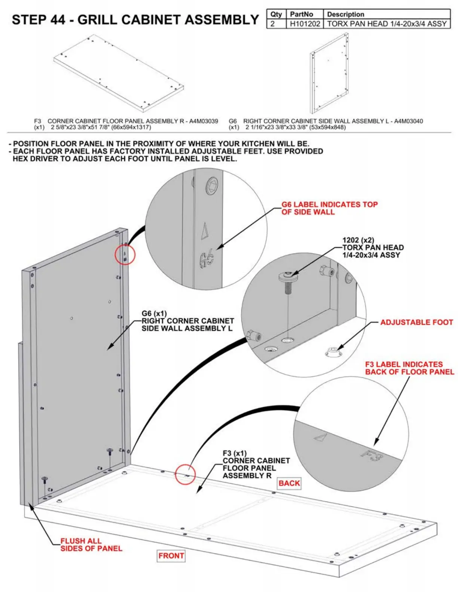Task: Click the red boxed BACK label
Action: [x=289, y=483]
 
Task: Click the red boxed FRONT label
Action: [x=171, y=556]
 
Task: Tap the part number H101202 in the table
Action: [x=305, y=24]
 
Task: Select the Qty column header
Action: [x=276, y=14]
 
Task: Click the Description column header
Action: [x=345, y=14]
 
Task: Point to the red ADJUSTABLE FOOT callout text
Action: [x=416, y=322]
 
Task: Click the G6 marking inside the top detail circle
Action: [x=207, y=258]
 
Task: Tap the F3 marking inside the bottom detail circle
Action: [x=372, y=456]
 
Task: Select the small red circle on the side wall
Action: [x=125, y=255]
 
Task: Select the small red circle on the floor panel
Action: [x=186, y=474]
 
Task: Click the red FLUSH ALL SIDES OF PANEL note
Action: [x=91, y=545]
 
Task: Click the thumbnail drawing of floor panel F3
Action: [x=118, y=73]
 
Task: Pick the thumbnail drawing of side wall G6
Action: [x=329, y=73]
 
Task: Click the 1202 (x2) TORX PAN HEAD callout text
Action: [x=373, y=247]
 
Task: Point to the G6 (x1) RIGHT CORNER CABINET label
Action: [x=187, y=321]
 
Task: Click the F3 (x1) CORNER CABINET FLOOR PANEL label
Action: [x=256, y=464]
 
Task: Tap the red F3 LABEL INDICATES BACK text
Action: [x=409, y=368]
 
